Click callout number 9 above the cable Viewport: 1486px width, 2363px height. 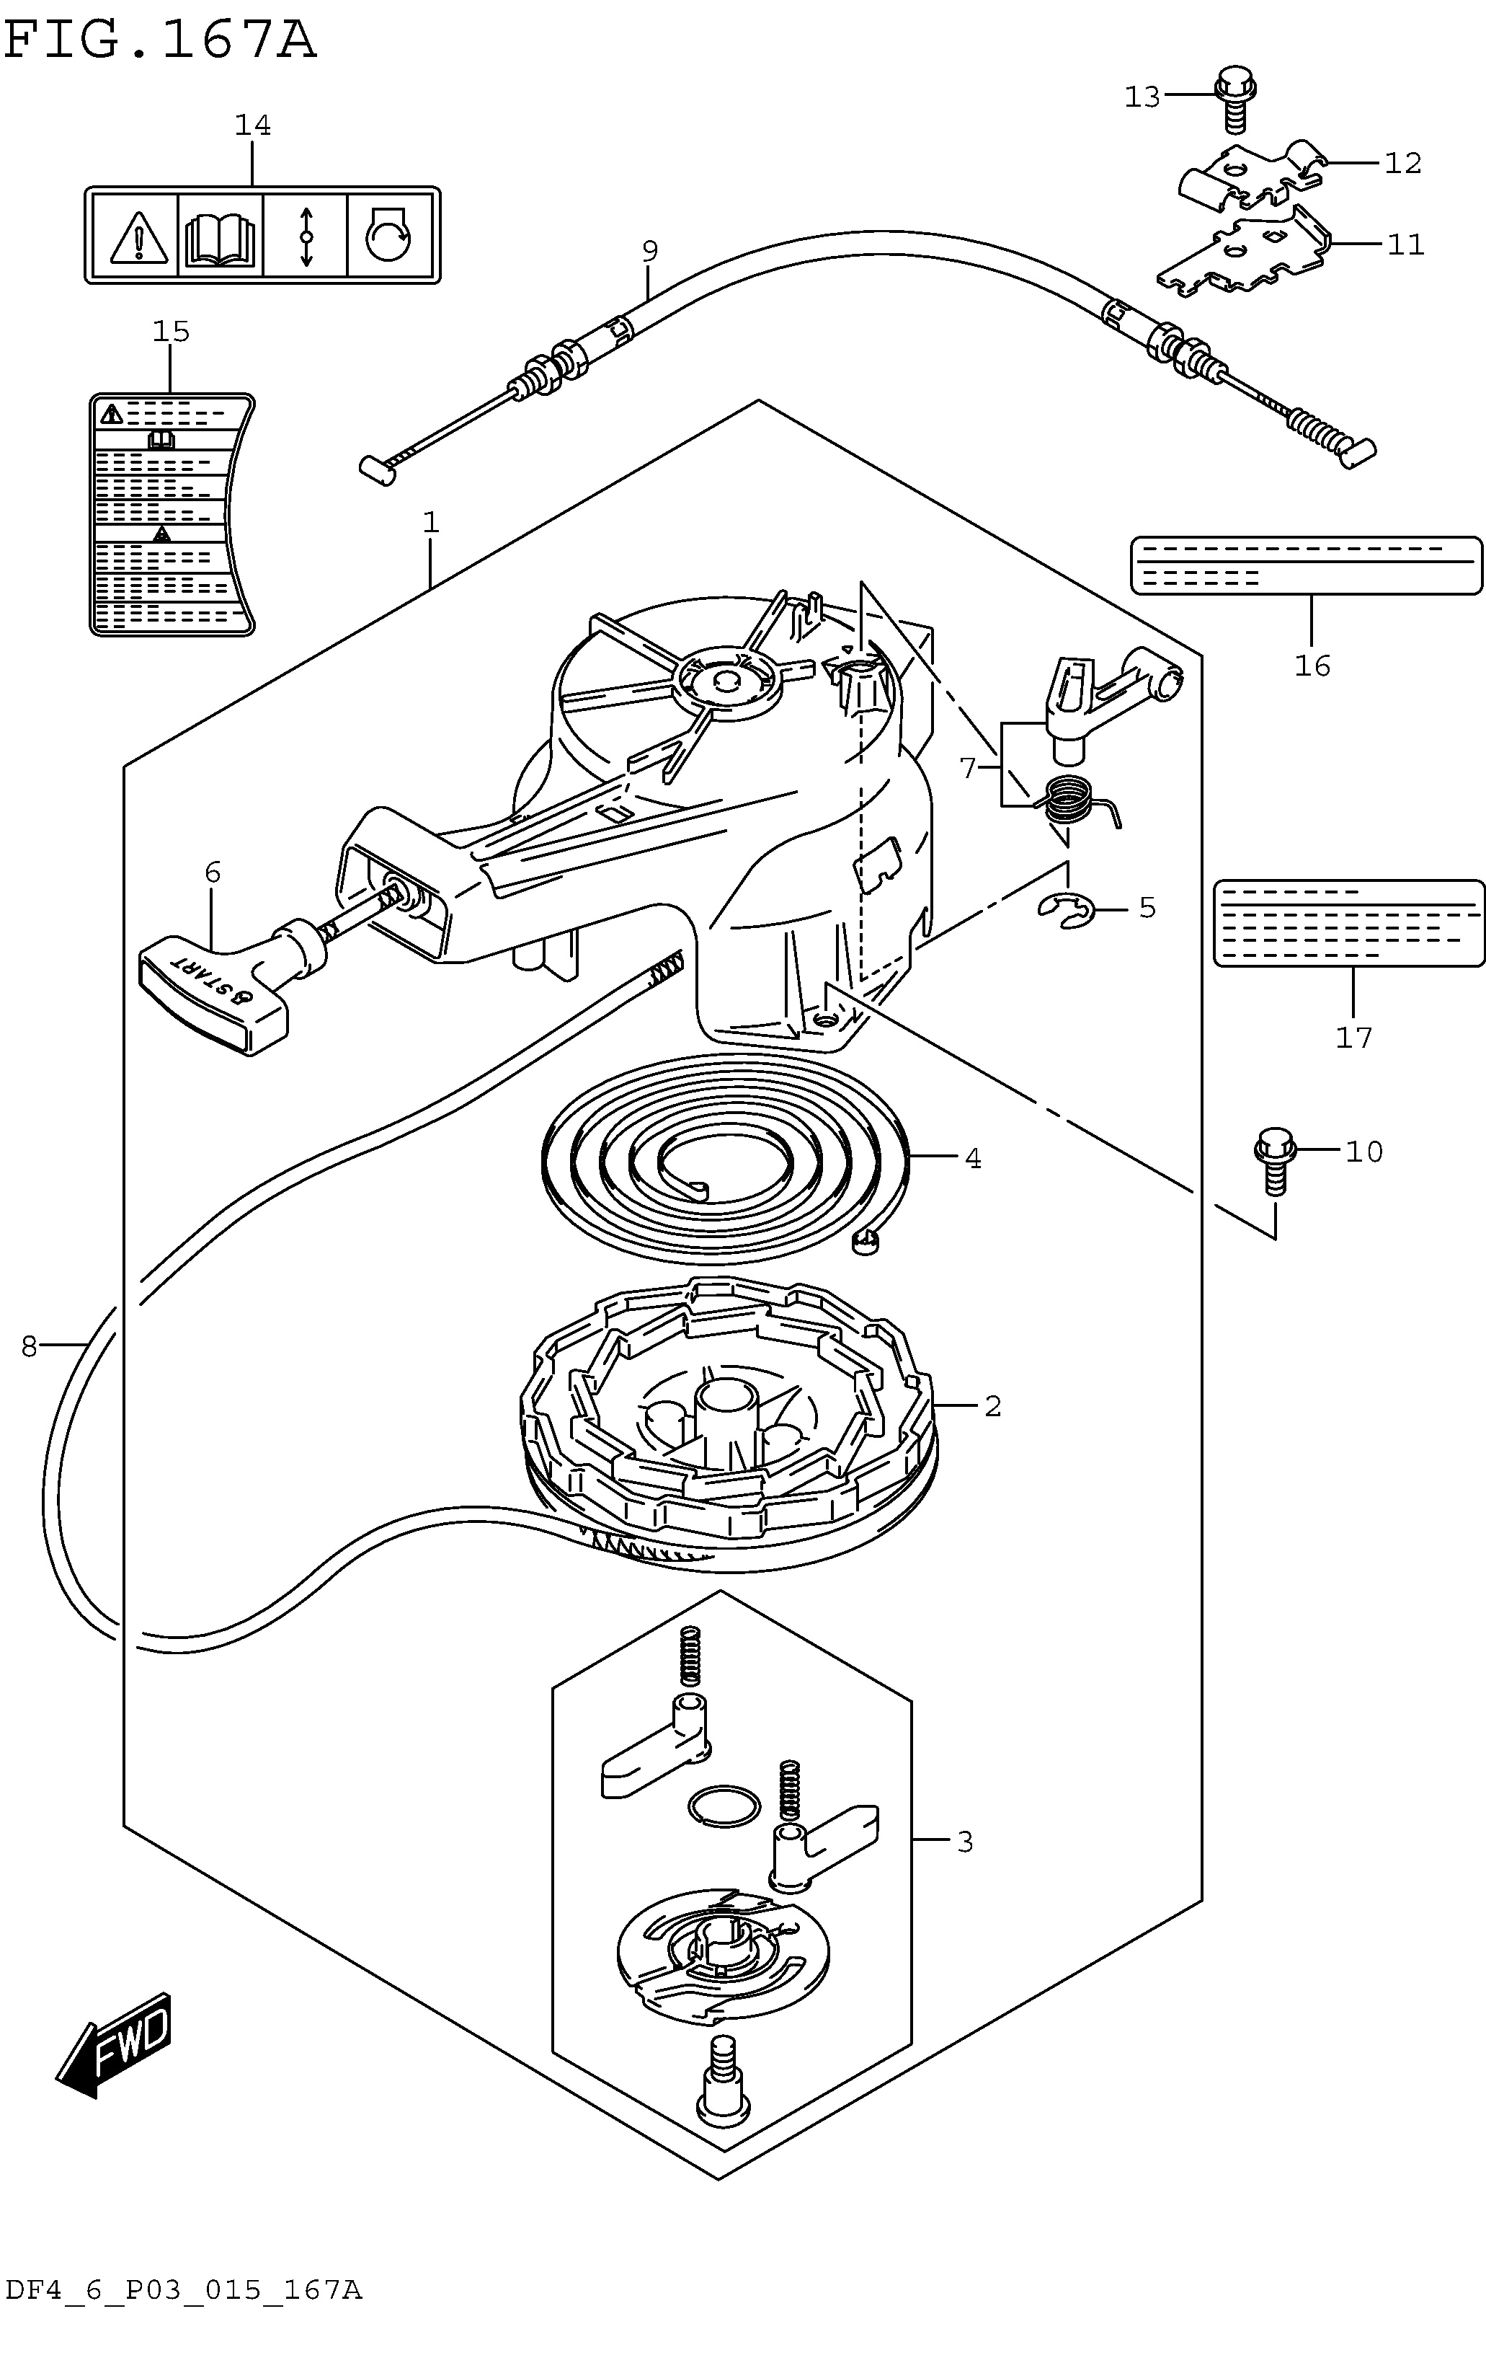click(x=649, y=251)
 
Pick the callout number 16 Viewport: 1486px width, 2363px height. click(x=1312, y=666)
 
